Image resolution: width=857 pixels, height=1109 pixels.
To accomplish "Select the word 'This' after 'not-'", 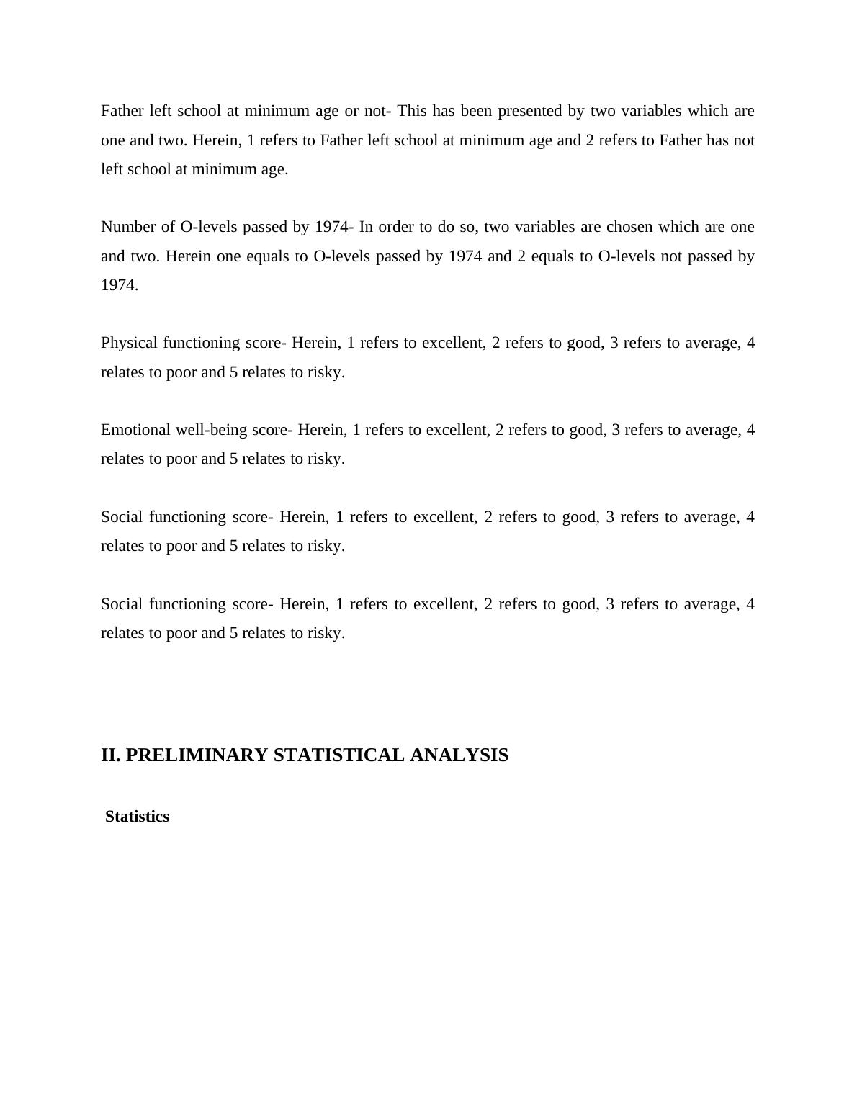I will [411, 111].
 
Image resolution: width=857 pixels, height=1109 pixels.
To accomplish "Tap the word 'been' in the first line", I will [476, 111].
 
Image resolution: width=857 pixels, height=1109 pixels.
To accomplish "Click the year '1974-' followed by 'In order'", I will [333, 227].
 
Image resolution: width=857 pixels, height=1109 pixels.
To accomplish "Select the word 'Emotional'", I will [135, 430].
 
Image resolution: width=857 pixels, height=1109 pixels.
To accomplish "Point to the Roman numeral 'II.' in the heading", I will [111, 755].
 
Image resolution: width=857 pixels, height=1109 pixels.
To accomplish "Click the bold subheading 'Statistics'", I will [137, 817].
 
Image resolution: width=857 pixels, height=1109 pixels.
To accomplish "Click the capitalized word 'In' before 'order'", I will [366, 227].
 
